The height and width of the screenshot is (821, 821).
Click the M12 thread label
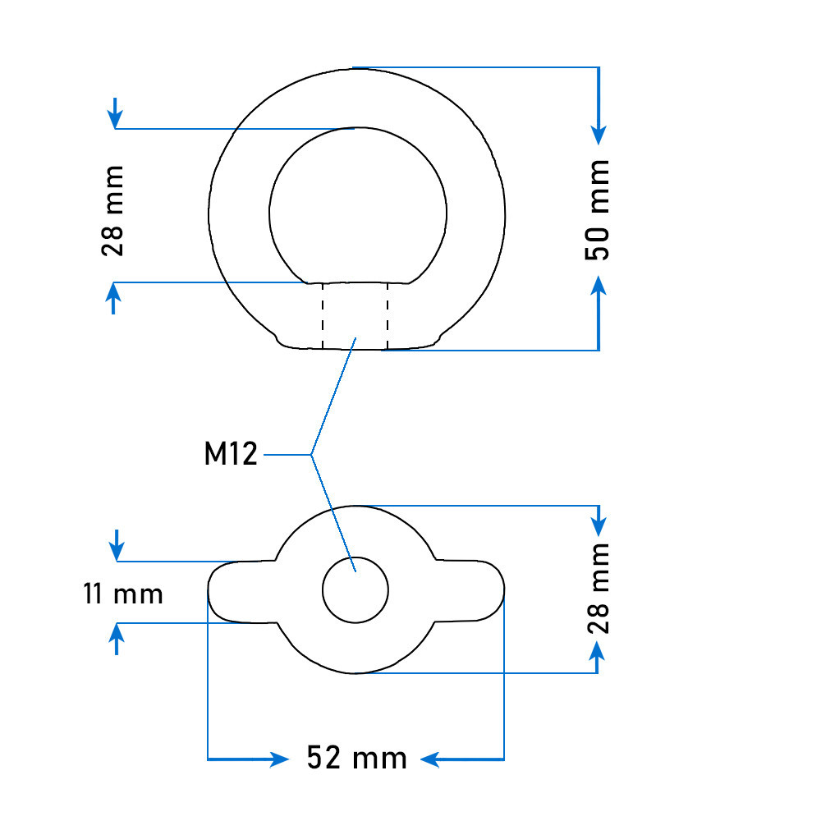(231, 453)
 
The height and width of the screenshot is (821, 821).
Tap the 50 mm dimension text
(598, 210)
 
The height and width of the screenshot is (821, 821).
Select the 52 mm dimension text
(356, 758)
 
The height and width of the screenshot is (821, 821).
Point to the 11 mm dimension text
(123, 594)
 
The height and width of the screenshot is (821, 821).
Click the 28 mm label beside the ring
(112, 211)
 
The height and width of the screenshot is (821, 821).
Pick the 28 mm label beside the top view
(598, 589)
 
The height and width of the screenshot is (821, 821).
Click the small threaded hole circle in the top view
(355, 590)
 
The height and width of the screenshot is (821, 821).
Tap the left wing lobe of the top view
(241, 592)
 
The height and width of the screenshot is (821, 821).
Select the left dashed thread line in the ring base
(323, 316)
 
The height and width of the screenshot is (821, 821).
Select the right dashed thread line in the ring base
(388, 316)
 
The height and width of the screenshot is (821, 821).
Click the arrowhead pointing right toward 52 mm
(279, 759)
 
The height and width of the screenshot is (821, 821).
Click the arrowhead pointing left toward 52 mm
(430, 759)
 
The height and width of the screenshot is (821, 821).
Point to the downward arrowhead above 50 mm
(599, 135)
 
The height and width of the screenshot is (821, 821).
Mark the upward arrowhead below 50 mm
(599, 286)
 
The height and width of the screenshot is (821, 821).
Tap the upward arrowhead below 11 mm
(117, 633)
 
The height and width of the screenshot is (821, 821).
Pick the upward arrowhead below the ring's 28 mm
(113, 292)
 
